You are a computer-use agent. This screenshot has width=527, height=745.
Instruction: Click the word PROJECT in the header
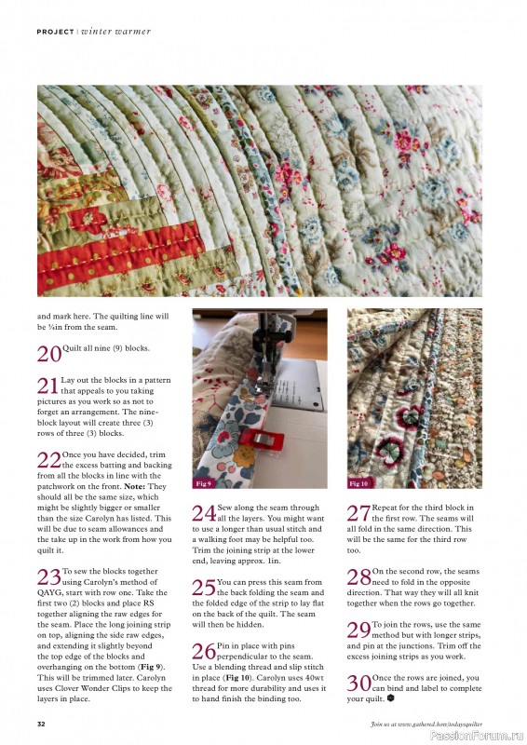tap(55, 32)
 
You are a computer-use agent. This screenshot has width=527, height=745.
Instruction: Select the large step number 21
tap(47, 386)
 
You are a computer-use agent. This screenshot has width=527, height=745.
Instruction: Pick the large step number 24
tap(203, 512)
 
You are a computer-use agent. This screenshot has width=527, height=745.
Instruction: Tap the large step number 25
tap(203, 587)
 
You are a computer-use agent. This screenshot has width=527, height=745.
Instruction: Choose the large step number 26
tap(203, 651)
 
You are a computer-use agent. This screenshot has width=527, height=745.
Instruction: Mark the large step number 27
tap(358, 512)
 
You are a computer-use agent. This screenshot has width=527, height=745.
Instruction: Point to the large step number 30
tap(358, 683)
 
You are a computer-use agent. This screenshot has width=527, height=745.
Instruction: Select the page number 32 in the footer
tap(42, 724)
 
